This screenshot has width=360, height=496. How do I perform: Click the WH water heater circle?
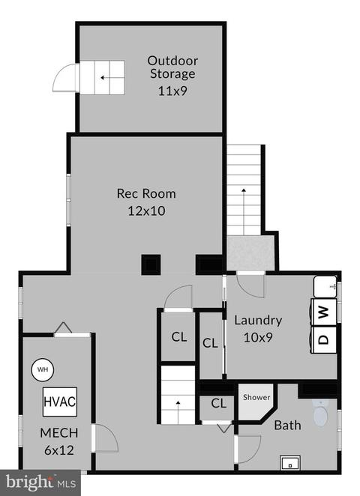coord(43,369)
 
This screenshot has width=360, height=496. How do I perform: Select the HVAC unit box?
coord(60,402)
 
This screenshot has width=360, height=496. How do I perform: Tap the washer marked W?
coord(323,312)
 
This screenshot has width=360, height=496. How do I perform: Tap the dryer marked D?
coord(323,339)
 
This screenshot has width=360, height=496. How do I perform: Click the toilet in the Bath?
coord(320,413)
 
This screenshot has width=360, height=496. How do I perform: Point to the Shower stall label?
coord(256,397)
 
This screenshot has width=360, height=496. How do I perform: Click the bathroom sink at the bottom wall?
coord(290,463)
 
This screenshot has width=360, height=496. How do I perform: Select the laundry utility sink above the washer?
coord(325,287)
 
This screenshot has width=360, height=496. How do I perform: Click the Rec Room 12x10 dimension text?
coord(146,211)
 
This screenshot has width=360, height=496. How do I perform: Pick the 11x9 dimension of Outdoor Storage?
coord(172,91)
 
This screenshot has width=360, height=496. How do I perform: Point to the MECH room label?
coord(59,433)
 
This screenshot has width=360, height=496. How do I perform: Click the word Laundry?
coord(258,321)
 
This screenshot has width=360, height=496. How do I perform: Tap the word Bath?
coord(287,426)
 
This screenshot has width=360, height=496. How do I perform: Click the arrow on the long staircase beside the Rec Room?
coord(244,211)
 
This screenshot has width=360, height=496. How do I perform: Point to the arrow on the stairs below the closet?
coord(178,413)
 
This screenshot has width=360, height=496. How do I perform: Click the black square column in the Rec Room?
coord(151,264)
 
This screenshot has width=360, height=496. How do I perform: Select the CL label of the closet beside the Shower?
coord(219,403)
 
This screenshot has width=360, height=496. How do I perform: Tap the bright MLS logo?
coord(40,483)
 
